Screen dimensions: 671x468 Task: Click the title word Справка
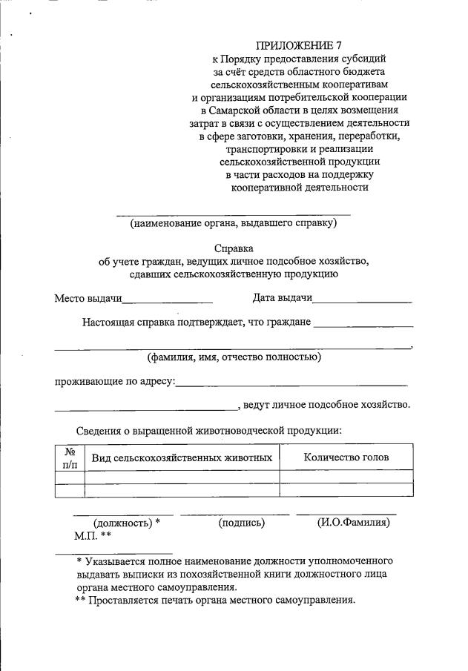234,249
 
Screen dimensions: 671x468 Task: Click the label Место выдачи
88,298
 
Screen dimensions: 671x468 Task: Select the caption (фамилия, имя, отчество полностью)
234,357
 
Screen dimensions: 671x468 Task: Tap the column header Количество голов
346,457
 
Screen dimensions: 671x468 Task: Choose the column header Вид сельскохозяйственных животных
182,457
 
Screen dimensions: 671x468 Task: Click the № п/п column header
70,457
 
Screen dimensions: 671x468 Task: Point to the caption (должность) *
127,523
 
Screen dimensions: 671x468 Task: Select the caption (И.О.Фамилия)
353,523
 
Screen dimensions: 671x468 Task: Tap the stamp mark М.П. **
93,535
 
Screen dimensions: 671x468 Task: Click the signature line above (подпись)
234,513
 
